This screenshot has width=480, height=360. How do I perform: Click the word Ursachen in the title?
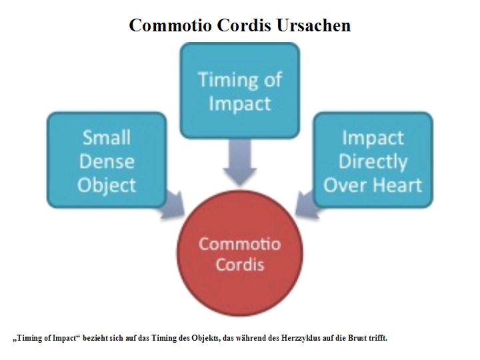click(313, 25)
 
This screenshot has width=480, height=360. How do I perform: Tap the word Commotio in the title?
click(170, 25)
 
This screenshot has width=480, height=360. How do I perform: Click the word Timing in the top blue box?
click(228, 80)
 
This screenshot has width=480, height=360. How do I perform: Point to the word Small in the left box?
click(107, 137)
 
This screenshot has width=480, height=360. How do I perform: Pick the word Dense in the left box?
click(107, 161)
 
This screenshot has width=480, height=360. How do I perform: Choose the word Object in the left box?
click(107, 185)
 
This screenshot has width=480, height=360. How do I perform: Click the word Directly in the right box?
click(373, 161)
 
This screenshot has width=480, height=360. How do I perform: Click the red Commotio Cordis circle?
click(240, 253)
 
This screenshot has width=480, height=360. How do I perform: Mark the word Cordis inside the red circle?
click(240, 265)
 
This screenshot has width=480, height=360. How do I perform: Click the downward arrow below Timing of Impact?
click(240, 162)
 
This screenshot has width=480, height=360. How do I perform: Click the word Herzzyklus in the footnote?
click(301, 338)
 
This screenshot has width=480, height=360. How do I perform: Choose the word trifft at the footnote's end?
click(378, 338)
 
